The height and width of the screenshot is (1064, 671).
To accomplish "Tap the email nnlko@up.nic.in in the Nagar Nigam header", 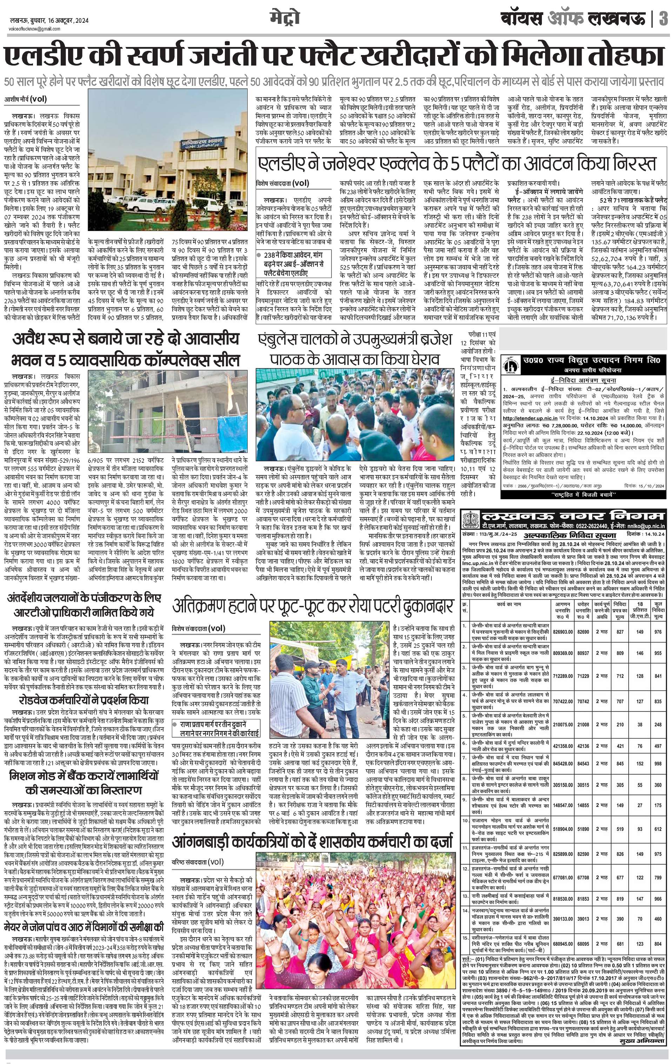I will tap(644, 526).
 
